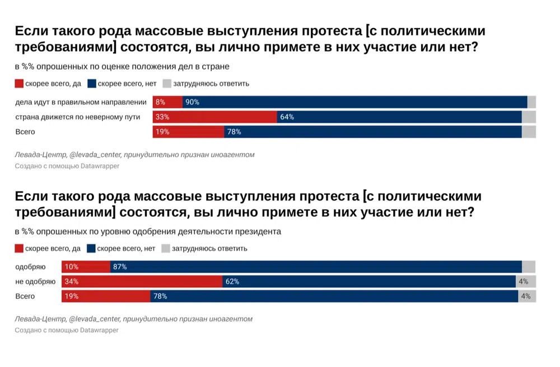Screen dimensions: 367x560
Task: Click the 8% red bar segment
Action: click(x=167, y=102)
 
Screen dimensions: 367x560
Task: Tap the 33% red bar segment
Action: click(x=215, y=117)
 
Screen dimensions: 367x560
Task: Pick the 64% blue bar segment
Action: click(x=399, y=117)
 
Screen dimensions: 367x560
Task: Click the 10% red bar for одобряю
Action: click(x=86, y=267)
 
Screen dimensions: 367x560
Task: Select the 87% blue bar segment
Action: click(x=316, y=267)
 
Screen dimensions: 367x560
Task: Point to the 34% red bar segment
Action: click(x=142, y=281)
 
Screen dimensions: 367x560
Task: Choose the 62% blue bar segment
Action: click(x=369, y=281)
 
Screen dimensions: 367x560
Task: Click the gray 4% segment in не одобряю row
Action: click(x=525, y=281)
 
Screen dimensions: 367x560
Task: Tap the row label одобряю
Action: click(x=30, y=267)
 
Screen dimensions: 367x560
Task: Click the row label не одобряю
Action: click(x=35, y=281)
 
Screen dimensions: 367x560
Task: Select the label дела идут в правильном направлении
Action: click(x=81, y=102)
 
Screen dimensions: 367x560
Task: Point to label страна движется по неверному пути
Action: click(x=77, y=117)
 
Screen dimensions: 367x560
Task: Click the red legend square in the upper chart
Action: click(x=19, y=84)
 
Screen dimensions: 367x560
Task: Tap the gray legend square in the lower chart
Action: click(x=166, y=248)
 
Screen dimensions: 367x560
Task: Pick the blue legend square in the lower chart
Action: click(x=91, y=248)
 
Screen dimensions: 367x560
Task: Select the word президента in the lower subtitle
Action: click(x=259, y=231)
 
